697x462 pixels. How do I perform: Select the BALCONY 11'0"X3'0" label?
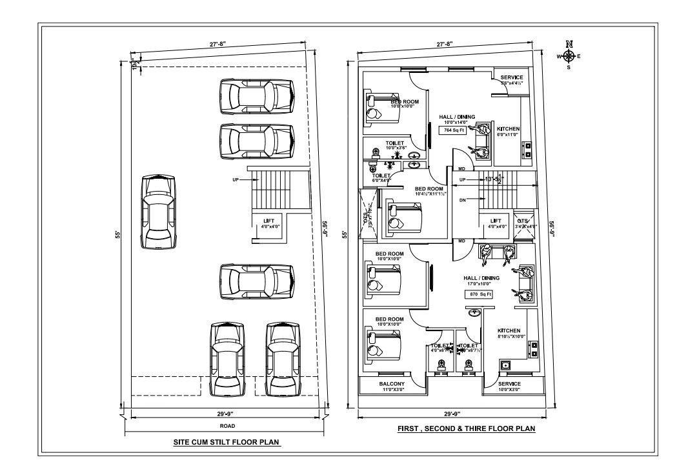(x=392, y=387)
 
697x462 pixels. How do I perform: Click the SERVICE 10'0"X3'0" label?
(x=509, y=387)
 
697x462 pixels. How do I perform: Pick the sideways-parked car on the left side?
(x=159, y=212)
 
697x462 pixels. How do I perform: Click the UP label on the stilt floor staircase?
(x=236, y=180)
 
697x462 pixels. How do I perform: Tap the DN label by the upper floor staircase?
(x=462, y=200)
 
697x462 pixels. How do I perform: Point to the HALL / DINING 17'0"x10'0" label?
(x=481, y=281)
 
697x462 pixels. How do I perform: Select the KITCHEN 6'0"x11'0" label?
(x=508, y=132)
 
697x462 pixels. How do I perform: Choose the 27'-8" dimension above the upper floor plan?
(x=445, y=45)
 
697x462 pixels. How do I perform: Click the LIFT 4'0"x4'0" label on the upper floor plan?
(x=495, y=223)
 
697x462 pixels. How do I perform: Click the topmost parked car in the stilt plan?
(x=257, y=95)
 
